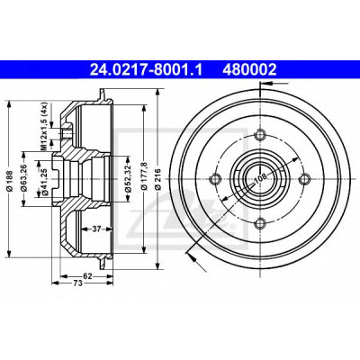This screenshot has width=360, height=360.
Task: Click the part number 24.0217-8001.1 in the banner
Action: [x=146, y=70]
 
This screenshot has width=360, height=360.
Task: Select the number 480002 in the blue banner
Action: [x=248, y=70]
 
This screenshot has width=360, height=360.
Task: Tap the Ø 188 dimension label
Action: [x=10, y=181]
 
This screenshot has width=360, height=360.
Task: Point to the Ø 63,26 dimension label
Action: [x=24, y=177]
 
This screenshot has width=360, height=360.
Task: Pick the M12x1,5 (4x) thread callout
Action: [x=44, y=126]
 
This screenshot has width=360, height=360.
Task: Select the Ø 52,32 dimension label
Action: [x=129, y=177]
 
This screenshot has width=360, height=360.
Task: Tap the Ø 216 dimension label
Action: [x=158, y=179]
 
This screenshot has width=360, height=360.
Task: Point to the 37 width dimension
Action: [x=96, y=229]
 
